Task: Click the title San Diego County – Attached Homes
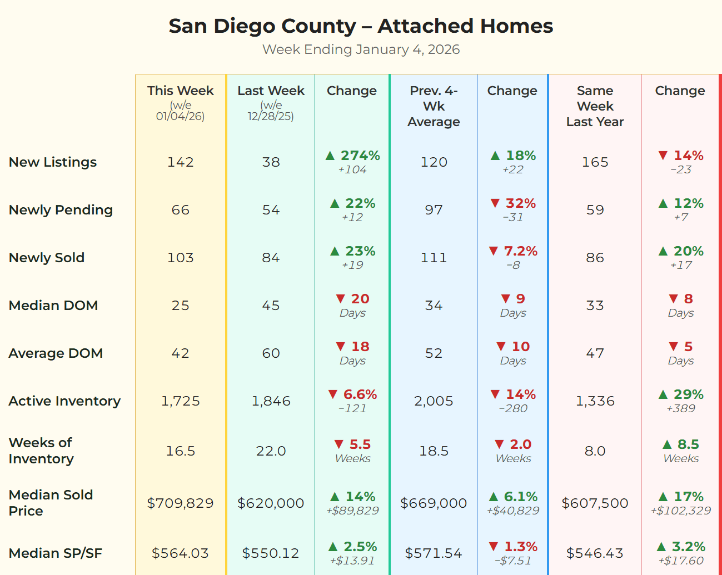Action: pos(361,26)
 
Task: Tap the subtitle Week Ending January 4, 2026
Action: pos(361,49)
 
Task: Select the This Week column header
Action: pos(180,91)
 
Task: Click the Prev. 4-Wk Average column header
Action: pos(434,106)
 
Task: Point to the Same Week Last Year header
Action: pos(595,106)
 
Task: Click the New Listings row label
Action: pos(53,162)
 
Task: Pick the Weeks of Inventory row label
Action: pos(41,451)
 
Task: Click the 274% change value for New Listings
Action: pos(360,156)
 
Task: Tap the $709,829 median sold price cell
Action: pos(180,503)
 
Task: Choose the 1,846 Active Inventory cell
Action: pos(271,401)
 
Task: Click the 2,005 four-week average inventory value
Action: pos(434,401)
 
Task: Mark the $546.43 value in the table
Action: pos(595,553)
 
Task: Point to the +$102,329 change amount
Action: pos(680,511)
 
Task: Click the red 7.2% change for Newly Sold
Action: pos(520,251)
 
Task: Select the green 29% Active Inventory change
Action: pos(688,394)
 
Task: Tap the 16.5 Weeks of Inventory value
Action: pos(180,451)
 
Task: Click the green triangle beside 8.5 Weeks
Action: pos(667,444)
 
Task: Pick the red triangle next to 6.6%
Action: pos(333,394)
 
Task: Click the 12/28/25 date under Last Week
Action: pos(271,116)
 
